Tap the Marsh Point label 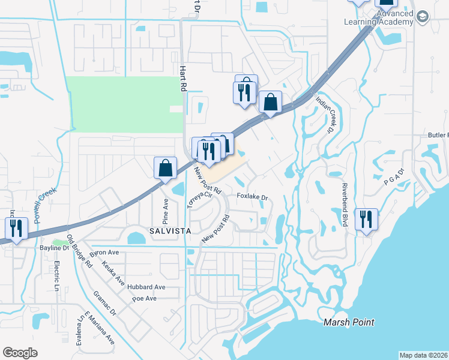pyautogui.click(x=349, y=322)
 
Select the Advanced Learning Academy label pyautogui.click(x=379, y=18)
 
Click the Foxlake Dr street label pyautogui.click(x=252, y=197)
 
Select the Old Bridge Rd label pyautogui.click(x=79, y=251)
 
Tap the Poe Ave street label pyautogui.click(x=144, y=298)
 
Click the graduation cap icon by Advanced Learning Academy pyautogui.click(x=422, y=17)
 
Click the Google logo pyautogui.click(x=20, y=353)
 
